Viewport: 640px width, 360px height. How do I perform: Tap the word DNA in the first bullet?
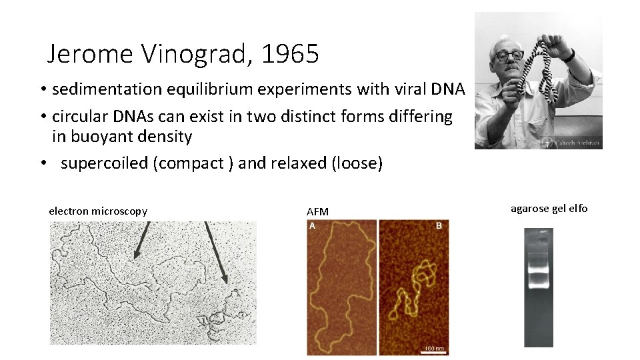click(448, 89)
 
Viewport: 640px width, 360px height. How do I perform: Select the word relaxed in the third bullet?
click(296, 163)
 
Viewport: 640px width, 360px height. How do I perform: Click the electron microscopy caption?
click(98, 211)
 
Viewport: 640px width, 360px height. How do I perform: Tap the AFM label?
click(317, 212)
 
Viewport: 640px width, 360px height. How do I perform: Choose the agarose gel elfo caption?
click(549, 209)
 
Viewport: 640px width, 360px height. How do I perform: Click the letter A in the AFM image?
click(313, 226)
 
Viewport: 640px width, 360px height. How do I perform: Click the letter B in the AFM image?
click(439, 226)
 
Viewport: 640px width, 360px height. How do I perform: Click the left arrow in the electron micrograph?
click(141, 241)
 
